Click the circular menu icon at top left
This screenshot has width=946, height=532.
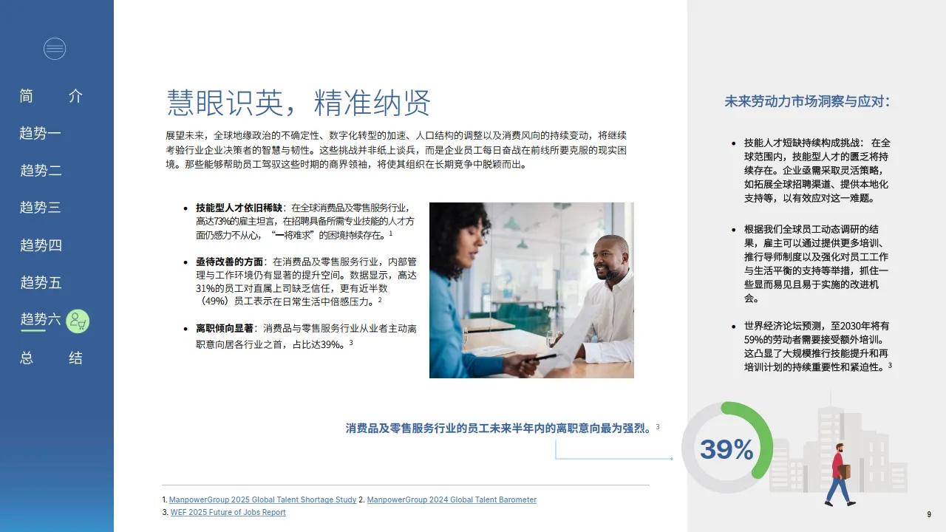point(55,49)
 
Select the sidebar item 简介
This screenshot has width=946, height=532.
point(51,96)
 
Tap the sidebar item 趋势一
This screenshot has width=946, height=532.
point(41,134)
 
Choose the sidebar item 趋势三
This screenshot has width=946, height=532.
point(41,208)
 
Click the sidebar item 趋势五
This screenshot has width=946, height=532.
point(41,282)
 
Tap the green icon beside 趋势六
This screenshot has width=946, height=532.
point(78,321)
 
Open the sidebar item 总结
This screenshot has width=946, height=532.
point(51,358)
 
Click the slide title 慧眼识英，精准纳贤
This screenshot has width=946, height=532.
point(299,103)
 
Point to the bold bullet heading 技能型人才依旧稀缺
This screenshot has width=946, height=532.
point(239,208)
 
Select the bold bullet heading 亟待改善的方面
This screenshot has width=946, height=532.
point(229,262)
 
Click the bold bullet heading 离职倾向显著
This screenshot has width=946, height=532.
point(224,328)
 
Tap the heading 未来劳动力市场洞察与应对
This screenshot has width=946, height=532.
point(806,102)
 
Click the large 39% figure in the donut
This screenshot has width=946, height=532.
point(726,449)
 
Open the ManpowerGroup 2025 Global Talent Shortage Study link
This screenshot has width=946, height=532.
point(262,500)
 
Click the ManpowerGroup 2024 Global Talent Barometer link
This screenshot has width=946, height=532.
point(452,500)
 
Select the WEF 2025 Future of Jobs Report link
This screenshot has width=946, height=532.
point(228,513)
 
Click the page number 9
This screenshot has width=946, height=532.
point(929,514)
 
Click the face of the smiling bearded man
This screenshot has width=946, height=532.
point(610,259)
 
